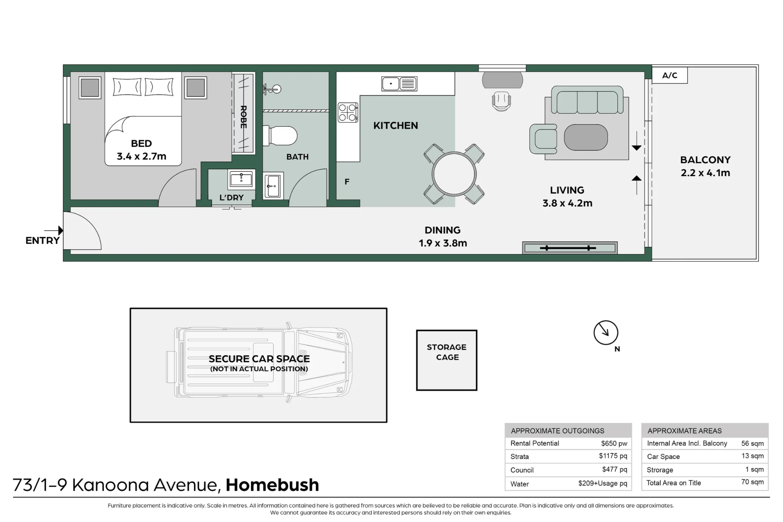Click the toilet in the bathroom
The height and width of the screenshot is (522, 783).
click(x=280, y=136)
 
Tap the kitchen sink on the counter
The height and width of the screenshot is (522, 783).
click(x=399, y=84)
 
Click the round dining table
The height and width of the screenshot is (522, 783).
click(x=454, y=174)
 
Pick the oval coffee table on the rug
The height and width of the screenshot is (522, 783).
click(x=586, y=137)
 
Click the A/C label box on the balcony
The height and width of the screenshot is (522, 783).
click(x=669, y=75)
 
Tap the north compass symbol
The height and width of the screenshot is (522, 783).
click(x=606, y=333)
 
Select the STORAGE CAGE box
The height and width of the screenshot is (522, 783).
click(x=447, y=360)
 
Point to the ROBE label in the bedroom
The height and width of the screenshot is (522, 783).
click(x=244, y=117)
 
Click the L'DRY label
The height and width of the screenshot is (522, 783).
click(x=231, y=198)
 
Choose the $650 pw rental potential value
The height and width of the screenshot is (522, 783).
click(x=614, y=443)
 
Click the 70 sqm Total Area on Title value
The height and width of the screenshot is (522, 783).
click(x=752, y=482)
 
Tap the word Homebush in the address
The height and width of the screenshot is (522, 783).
click(x=272, y=485)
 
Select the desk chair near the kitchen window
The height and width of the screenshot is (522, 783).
click(x=502, y=101)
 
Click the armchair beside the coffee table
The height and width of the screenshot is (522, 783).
click(x=543, y=139)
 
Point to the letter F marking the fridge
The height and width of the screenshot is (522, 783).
click(x=347, y=182)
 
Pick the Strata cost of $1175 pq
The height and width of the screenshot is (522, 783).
click(x=613, y=456)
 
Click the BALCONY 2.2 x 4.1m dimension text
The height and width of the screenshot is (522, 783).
click(x=705, y=166)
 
